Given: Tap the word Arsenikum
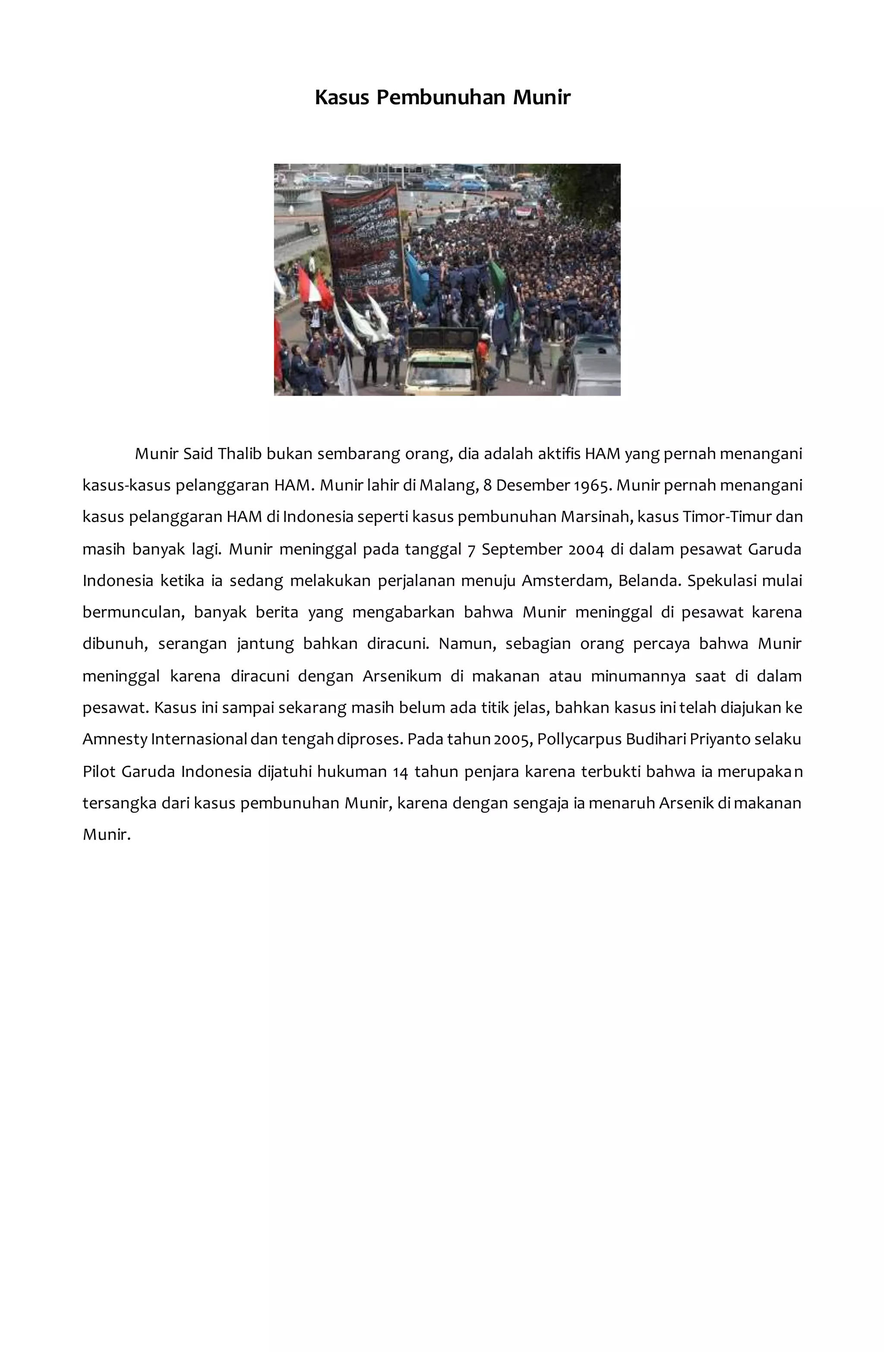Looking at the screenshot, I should tap(402, 676).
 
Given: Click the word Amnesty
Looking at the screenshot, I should tap(115, 739).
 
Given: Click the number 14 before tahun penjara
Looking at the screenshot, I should tap(399, 771).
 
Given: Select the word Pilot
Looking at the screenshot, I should tap(99, 771).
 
